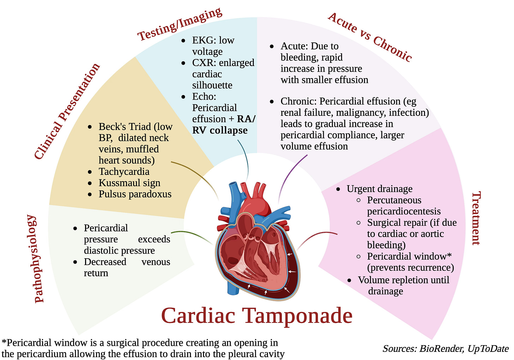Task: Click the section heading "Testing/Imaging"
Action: (179, 24)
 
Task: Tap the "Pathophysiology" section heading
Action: (40, 259)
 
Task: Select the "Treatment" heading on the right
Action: (476, 218)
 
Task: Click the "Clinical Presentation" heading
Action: (67, 112)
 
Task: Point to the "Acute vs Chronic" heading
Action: (370, 37)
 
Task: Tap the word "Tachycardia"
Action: (124, 172)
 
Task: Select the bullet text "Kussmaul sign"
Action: (129, 183)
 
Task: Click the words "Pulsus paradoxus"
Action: (135, 194)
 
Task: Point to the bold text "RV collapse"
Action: (220, 130)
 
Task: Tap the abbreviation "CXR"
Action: (203, 63)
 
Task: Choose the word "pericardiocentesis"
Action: (404, 211)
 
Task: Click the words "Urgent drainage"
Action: (379, 189)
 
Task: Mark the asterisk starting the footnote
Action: (4, 342)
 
